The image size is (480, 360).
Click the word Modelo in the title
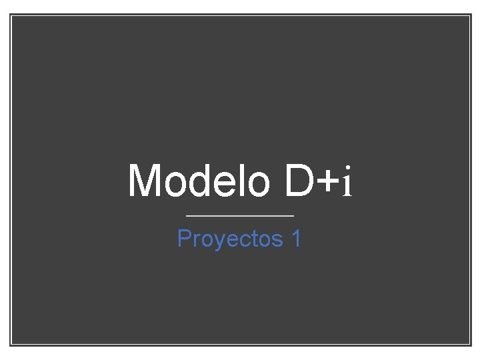click(199, 181)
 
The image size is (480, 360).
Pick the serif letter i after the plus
click(346, 183)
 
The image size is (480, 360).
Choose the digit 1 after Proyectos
click(296, 238)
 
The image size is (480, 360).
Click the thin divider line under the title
click(239, 216)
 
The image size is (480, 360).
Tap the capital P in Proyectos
click(185, 238)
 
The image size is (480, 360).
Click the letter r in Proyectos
click(197, 239)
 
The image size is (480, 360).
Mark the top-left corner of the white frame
click(11, 15)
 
